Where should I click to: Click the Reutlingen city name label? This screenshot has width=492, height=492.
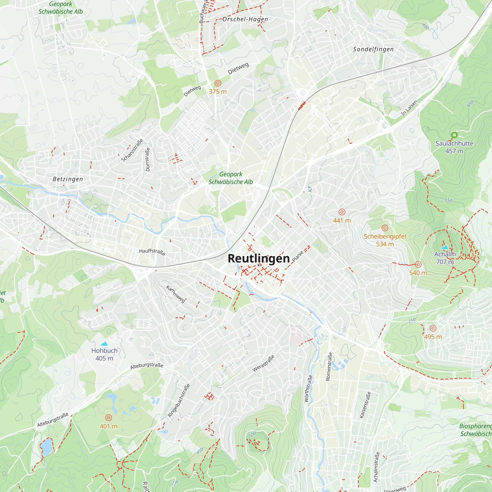click(x=259, y=259)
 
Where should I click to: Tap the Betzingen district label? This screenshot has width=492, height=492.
click(x=68, y=179)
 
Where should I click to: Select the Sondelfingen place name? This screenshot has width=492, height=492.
click(x=373, y=49)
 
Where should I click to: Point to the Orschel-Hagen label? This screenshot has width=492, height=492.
click(x=245, y=19)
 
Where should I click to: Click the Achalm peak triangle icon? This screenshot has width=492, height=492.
click(x=445, y=247)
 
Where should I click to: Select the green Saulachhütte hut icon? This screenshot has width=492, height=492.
click(x=454, y=135)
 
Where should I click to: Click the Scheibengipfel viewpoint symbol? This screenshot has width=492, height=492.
click(x=385, y=228)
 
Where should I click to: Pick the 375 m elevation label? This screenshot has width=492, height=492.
click(x=218, y=92)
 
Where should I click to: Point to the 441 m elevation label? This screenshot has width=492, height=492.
click(x=342, y=220)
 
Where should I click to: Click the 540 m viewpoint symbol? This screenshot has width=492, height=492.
click(x=418, y=264)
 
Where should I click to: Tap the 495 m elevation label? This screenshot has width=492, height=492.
click(x=433, y=337)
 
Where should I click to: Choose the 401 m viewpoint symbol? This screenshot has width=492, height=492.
click(x=108, y=418)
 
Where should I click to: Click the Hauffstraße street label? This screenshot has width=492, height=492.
click(x=152, y=252)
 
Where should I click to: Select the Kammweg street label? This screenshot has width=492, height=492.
click(x=176, y=294)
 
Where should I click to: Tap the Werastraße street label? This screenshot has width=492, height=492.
click(x=263, y=363)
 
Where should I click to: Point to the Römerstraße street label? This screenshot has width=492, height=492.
click(x=329, y=367)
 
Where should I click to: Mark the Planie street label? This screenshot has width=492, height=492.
click(x=298, y=256)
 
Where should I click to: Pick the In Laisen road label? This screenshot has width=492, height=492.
click(x=409, y=108)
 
